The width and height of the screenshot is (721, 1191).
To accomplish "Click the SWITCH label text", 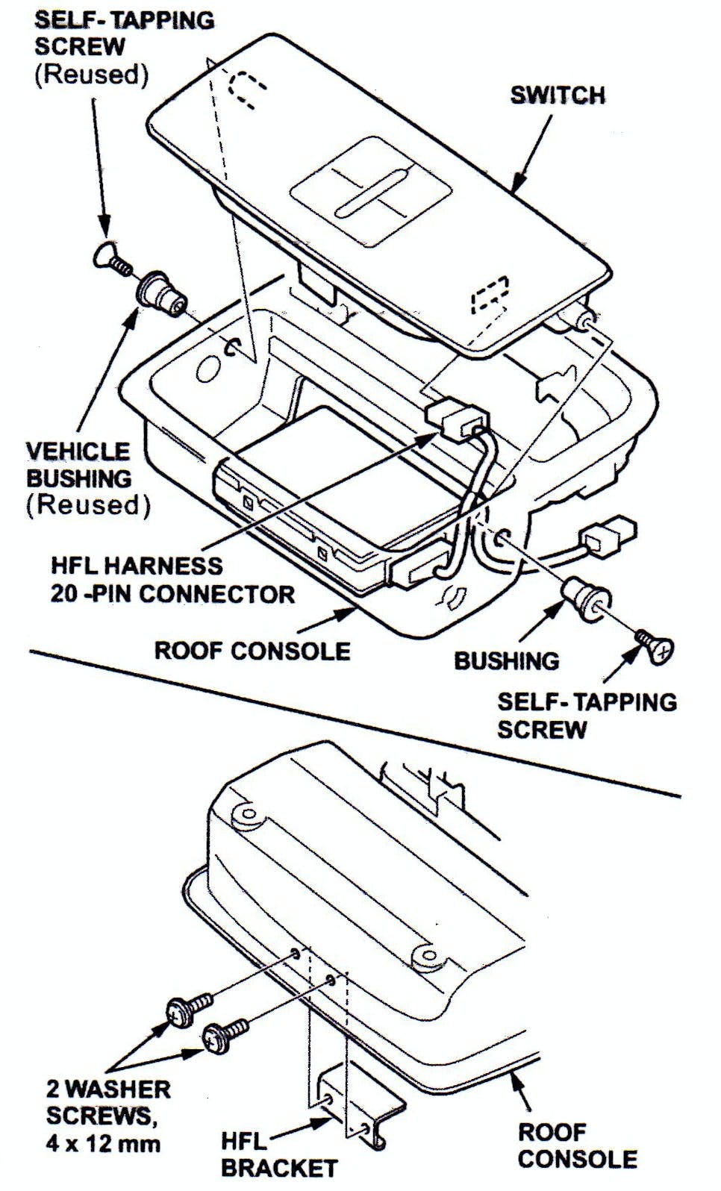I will pyautogui.click(x=557, y=96).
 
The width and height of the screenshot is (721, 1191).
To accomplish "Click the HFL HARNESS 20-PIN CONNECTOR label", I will pyautogui.click(x=172, y=580).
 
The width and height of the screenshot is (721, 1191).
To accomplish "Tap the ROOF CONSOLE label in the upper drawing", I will pyautogui.click(x=252, y=650).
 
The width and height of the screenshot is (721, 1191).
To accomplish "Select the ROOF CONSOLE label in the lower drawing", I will pyautogui.click(x=577, y=1145).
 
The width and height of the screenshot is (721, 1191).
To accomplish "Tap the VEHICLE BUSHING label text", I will pyautogui.click(x=78, y=464).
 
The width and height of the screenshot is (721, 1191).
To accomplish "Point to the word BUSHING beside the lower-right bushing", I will pyautogui.click(x=506, y=660).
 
